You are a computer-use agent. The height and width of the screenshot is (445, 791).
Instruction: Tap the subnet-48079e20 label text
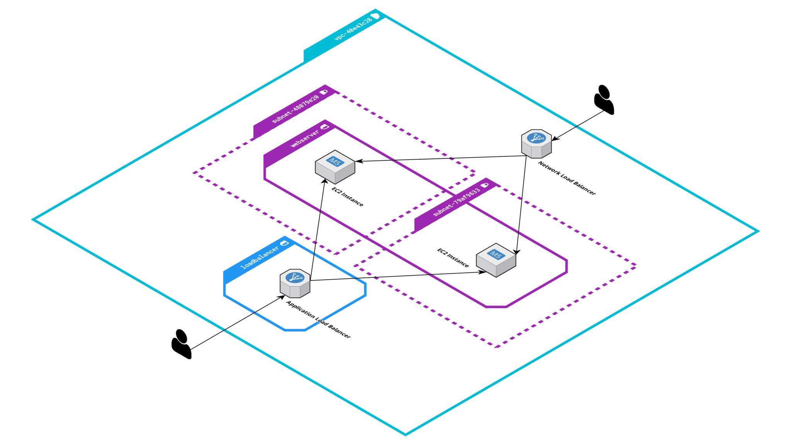(295, 109)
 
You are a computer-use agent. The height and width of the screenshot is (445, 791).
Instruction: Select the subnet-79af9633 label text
(457, 202)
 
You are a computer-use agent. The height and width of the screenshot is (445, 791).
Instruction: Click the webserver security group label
(305, 138)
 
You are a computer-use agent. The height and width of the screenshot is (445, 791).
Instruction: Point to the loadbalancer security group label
(259, 257)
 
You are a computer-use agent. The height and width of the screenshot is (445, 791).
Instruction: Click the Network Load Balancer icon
(536, 143)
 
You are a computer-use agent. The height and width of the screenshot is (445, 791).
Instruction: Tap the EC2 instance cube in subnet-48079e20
(335, 166)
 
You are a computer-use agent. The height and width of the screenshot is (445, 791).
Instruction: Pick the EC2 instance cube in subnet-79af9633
(496, 260)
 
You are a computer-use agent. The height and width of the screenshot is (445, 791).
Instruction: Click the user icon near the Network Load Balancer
(604, 100)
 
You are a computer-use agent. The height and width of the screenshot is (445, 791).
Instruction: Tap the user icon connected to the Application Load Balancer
(181, 344)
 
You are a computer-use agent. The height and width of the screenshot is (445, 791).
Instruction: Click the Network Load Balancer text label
(567, 178)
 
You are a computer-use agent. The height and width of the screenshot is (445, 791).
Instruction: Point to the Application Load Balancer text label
(318, 319)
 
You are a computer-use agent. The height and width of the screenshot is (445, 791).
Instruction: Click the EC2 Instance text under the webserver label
(347, 197)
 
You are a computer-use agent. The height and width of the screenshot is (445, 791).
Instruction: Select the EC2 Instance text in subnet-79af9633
(453, 258)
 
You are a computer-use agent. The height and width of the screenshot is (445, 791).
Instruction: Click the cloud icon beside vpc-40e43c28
(375, 16)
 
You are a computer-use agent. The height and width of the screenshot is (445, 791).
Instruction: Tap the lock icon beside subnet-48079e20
(324, 92)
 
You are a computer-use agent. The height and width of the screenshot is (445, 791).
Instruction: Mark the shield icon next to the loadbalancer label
(285, 243)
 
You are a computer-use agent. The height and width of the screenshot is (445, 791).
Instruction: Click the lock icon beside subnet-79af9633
(485, 185)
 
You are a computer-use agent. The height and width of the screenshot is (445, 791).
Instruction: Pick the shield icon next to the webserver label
(325, 126)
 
